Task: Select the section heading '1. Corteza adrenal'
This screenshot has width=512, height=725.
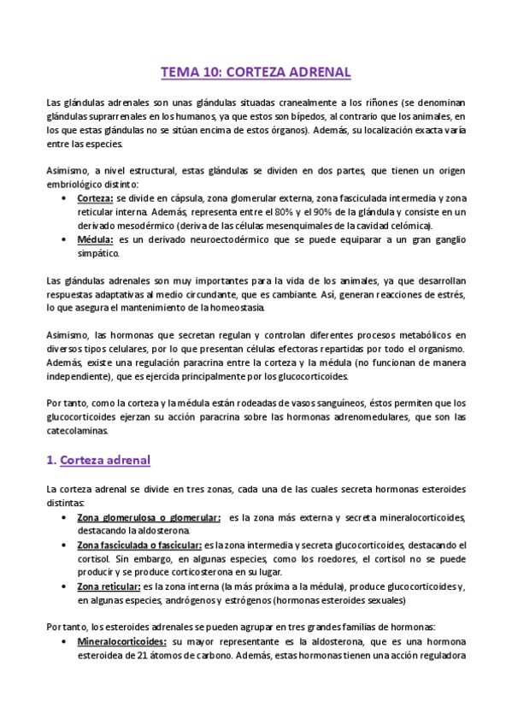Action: [x=97, y=460]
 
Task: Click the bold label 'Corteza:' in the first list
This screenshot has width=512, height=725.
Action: [x=97, y=198]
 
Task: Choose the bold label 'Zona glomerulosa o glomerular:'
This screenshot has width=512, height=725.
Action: [x=149, y=517]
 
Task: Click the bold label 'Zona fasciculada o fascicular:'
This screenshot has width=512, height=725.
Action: [x=138, y=545]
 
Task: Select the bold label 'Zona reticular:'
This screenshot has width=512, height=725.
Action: [x=109, y=586]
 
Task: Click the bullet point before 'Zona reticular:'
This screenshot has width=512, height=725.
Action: [x=67, y=586]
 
